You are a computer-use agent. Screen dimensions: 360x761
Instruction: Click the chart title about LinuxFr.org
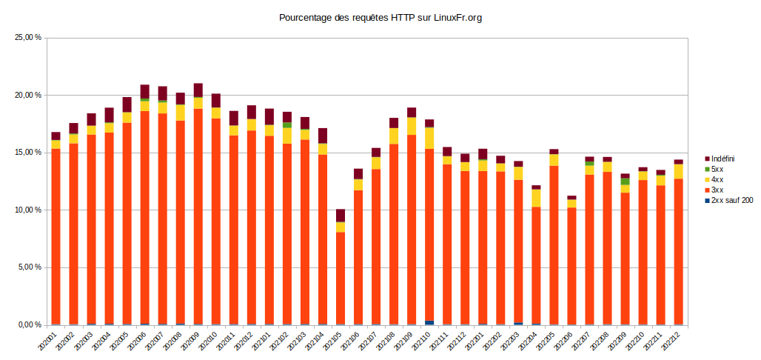point(380,17)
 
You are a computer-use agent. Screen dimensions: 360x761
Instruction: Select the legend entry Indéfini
point(722,159)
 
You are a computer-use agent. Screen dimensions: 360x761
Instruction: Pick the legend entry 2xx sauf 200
point(731,201)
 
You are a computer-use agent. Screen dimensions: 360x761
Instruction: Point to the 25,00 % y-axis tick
point(28,38)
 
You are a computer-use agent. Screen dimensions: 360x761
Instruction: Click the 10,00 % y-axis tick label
point(28,210)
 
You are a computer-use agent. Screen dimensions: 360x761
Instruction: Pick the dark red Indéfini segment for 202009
point(198,90)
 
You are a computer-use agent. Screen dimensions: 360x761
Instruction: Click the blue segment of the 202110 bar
point(429,322)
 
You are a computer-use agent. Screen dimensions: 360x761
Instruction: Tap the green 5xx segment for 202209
point(625,181)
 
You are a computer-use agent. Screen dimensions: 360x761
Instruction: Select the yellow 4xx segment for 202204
point(536,198)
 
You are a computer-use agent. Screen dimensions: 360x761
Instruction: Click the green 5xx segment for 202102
point(287,125)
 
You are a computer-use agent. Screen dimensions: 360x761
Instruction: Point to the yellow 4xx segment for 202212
point(678,171)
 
